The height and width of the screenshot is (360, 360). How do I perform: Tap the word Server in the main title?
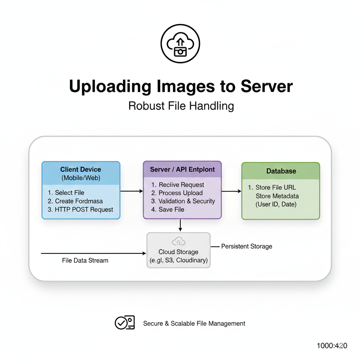[x=266, y=86]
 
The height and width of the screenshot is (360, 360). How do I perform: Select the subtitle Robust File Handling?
[x=181, y=106]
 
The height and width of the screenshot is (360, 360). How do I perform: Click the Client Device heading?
[x=81, y=169]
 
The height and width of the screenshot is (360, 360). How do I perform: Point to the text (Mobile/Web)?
[x=81, y=178]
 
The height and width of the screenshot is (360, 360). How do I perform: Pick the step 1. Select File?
[x=66, y=193]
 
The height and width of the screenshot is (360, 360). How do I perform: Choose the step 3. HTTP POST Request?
[x=80, y=210]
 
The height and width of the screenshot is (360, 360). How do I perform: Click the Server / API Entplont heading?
[x=182, y=169]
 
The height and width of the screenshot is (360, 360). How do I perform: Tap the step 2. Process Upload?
[x=177, y=193]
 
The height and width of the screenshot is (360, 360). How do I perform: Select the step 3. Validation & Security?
[x=183, y=201]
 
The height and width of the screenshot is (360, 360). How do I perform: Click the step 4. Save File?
[x=168, y=210]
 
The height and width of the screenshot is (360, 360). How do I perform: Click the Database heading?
[x=281, y=171]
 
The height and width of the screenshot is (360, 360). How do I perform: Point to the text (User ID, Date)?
[x=276, y=204]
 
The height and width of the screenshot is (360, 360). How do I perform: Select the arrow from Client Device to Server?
[x=131, y=191]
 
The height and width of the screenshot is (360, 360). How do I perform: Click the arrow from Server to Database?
[x=231, y=191]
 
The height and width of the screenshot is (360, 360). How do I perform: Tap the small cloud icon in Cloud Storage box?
[x=179, y=241]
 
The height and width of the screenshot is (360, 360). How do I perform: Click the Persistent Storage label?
[x=246, y=246]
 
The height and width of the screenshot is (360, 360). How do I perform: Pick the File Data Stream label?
[x=85, y=261]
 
